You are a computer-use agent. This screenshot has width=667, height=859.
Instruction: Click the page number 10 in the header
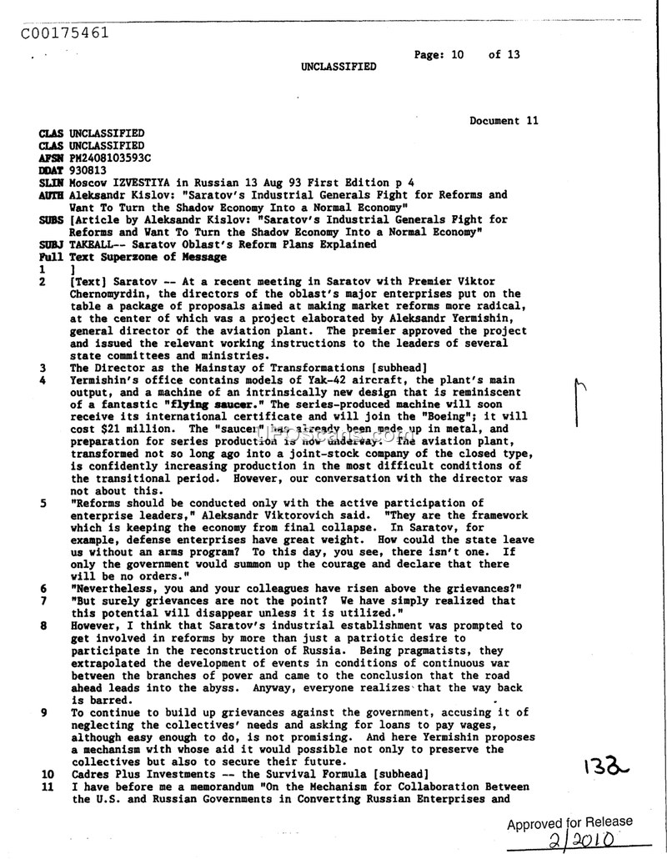point(456,55)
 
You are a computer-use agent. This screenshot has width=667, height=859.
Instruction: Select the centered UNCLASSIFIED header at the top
point(339,67)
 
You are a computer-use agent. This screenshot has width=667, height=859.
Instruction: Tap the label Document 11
point(504,121)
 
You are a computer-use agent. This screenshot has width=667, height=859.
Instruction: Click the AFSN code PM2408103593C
point(110,158)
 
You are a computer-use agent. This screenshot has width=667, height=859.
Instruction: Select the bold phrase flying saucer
point(208,404)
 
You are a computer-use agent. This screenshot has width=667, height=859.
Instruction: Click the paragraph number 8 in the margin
point(43,625)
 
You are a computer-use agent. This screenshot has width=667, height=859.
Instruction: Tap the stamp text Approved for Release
point(569,822)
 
